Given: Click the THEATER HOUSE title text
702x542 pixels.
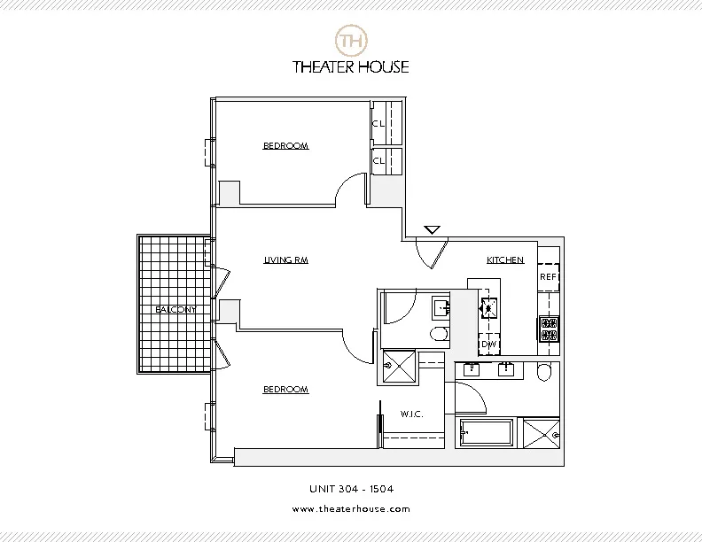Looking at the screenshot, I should tap(351, 66).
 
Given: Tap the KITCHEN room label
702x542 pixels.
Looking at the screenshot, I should tap(504, 260).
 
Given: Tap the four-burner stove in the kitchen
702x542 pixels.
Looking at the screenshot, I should tap(549, 329).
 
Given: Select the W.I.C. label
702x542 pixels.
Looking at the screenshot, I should tap(410, 413).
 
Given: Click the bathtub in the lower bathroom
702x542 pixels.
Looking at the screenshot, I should tap(486, 433).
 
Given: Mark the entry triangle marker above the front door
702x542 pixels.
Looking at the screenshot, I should tap(432, 231).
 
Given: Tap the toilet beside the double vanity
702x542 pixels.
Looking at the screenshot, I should tap(545, 373).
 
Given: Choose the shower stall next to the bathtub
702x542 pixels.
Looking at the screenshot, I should tap(540, 434).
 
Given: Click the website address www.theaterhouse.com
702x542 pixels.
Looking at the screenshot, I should tap(351, 508).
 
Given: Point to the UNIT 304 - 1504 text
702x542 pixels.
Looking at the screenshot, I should tap(351, 487).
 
